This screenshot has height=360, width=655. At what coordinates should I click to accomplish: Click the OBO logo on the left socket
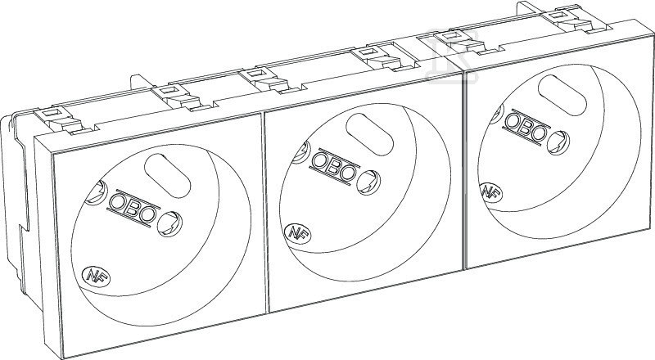tap(133, 209)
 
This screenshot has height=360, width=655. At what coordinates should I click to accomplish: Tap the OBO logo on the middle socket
tap(335, 167)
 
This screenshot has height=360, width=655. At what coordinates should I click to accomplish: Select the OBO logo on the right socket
tap(526, 128)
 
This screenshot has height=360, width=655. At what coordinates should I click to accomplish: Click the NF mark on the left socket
tap(96, 276)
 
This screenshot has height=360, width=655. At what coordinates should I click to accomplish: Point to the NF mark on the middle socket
tap(297, 232)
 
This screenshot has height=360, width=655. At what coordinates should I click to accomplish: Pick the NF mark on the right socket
tap(490, 193)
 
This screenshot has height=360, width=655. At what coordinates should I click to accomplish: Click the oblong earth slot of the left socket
tap(167, 173)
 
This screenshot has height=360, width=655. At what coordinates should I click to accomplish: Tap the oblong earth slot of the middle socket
tap(370, 134)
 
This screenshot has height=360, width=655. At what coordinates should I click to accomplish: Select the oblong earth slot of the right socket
tap(562, 95)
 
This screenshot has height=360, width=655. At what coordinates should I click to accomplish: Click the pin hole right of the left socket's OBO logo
tap(170, 223)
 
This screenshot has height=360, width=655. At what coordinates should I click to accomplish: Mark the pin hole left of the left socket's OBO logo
tap(96, 193)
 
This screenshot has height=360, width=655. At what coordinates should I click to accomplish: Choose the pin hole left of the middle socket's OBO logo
tap(300, 151)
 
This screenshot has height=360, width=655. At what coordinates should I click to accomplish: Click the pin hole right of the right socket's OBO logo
tap(558, 142)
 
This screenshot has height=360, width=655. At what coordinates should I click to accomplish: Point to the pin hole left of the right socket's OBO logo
tap(497, 114)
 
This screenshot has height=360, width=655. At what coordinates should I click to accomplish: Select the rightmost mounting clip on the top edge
tap(575, 20)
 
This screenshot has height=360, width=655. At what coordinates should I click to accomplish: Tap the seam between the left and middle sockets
tap(264, 213)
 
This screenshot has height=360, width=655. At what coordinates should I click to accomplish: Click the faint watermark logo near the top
tap(452, 56)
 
